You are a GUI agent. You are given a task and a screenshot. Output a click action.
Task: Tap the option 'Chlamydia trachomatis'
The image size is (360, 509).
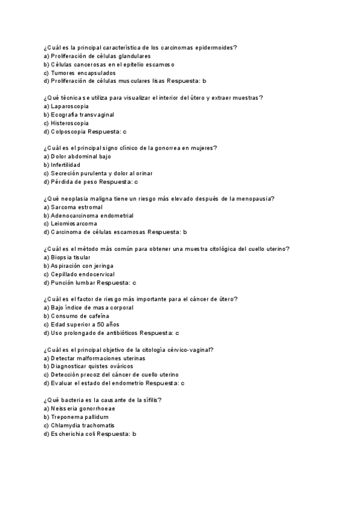tap(82, 425)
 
